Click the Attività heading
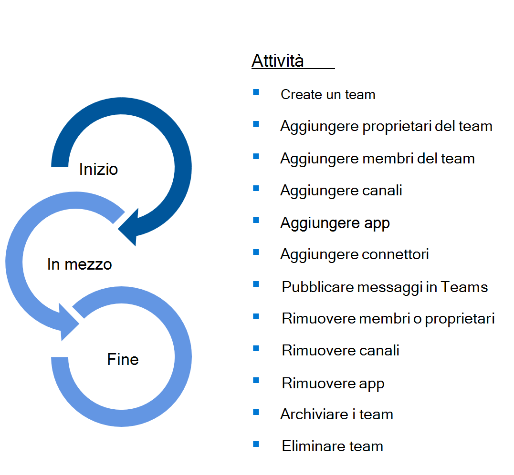[277, 61]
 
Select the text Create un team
[328, 94]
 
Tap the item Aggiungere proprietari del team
[386, 126]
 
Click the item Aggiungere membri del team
[377, 158]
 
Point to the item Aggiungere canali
[341, 191]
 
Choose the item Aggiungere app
[335, 222]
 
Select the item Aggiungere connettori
[355, 254]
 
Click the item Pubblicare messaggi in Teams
[385, 287]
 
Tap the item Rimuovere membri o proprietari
[388, 319]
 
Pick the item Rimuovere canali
[340, 351]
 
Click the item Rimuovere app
[333, 383]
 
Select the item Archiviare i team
[336, 414]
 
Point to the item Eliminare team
[332, 446]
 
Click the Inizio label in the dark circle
[98, 169]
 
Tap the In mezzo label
[80, 264]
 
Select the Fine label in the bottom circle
[123, 359]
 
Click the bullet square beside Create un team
[256, 92]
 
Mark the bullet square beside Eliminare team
[256, 445]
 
